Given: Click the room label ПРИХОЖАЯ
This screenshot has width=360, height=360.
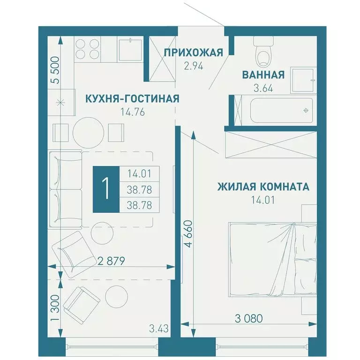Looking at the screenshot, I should (x=193, y=52).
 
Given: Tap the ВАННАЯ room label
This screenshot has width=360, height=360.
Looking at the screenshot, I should (x=263, y=75).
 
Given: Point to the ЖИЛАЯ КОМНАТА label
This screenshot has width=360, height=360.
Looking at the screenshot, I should (x=263, y=187).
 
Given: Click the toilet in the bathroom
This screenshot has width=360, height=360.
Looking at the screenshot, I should (x=262, y=53).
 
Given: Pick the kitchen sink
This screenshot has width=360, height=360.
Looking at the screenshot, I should (x=130, y=49).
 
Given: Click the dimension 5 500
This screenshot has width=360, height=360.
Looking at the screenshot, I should (x=55, y=70).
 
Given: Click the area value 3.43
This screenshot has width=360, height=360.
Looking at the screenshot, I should (x=158, y=326).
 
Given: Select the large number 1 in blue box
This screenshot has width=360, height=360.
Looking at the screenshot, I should (x=106, y=189).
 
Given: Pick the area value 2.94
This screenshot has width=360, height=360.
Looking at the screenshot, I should (x=193, y=66).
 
